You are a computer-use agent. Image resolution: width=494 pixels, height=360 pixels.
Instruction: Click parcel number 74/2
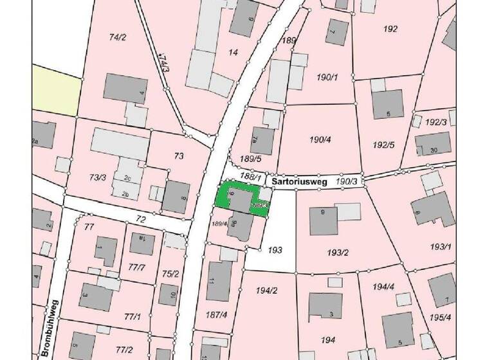click(x=117, y=38)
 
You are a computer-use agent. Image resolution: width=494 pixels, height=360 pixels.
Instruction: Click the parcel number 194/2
click(x=265, y=291)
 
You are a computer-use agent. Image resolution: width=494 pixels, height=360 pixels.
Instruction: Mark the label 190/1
click(x=327, y=77)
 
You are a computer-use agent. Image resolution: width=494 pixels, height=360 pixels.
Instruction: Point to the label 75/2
click(x=170, y=274)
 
